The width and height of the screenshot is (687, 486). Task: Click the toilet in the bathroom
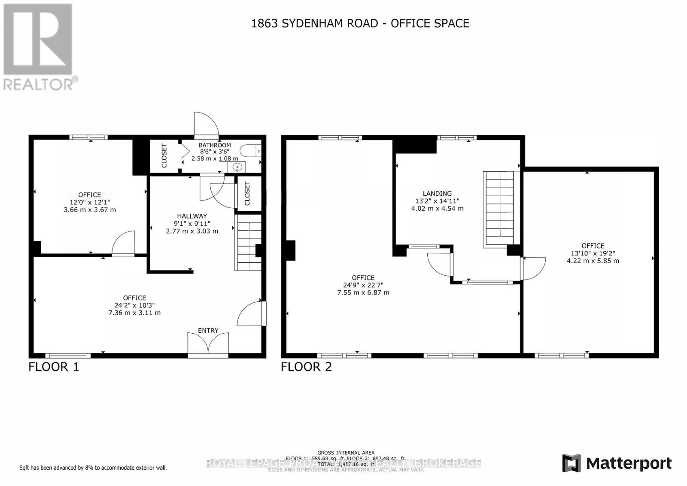click(x=250, y=151)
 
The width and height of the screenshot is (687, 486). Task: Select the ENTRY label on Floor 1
click(x=208, y=331)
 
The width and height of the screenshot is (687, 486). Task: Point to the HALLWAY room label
click(x=192, y=216)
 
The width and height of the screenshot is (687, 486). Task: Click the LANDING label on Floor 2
click(x=437, y=194)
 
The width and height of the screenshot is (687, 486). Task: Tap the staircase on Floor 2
click(x=499, y=209)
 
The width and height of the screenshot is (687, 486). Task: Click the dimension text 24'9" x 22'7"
click(x=363, y=285)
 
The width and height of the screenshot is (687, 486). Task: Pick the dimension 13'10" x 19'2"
click(x=593, y=253)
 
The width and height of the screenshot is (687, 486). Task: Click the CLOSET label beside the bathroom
click(x=164, y=155)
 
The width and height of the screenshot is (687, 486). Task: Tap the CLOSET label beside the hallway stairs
click(x=247, y=194)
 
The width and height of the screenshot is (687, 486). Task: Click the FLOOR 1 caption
click(x=54, y=367)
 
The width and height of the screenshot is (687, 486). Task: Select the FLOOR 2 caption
click(x=307, y=367)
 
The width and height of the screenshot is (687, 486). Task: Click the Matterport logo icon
click(x=571, y=463)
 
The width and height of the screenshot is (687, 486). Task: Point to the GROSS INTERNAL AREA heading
click(x=346, y=453)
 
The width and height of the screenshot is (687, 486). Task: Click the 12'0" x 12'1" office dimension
click(x=90, y=202)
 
